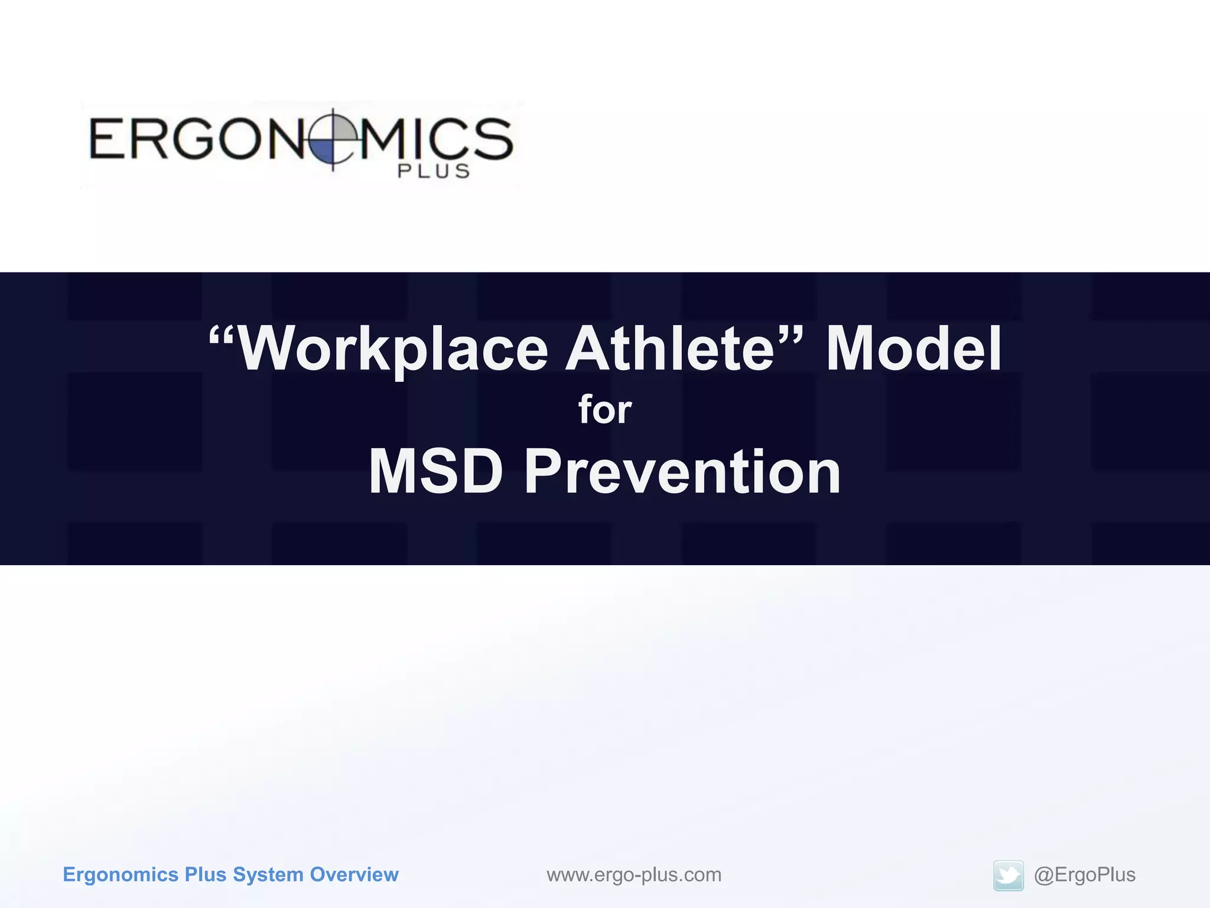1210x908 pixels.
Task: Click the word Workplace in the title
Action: [393, 350]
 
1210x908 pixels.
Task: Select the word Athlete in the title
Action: [669, 350]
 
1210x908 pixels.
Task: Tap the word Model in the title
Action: [913, 350]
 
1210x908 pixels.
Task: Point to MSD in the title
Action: [435, 472]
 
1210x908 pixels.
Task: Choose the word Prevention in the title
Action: [682, 472]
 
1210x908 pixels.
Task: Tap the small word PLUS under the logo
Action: [434, 171]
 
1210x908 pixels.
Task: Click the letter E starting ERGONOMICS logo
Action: [107, 139]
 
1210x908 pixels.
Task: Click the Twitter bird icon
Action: [1008, 875]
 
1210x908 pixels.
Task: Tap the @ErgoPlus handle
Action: [1084, 875]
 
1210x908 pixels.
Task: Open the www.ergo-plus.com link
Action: [634, 875]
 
